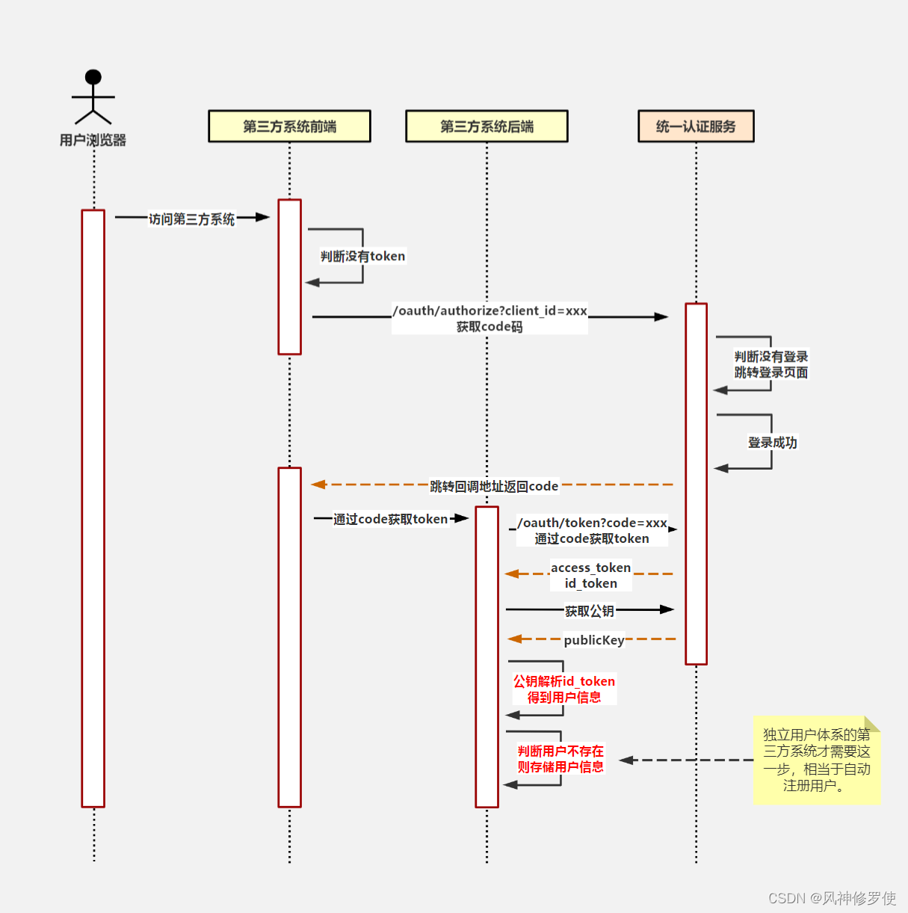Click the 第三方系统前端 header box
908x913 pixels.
click(x=289, y=126)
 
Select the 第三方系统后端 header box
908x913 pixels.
click(x=487, y=126)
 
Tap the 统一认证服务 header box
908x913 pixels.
click(x=696, y=126)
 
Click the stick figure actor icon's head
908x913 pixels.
click(x=93, y=77)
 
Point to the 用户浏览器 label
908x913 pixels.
click(x=93, y=140)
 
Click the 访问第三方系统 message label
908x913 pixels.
click(x=191, y=219)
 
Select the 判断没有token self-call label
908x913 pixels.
click(x=362, y=256)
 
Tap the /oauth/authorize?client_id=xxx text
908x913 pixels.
click(x=489, y=310)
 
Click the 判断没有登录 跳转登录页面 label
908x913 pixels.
click(x=770, y=364)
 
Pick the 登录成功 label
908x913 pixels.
click(x=772, y=442)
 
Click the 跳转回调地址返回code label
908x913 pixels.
click(x=494, y=486)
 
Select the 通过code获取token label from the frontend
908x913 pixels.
click(x=390, y=519)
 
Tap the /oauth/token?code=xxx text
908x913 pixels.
click(x=592, y=523)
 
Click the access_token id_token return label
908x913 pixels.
click(x=590, y=575)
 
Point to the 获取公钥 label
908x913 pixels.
click(x=589, y=611)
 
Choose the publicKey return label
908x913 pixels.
click(x=593, y=640)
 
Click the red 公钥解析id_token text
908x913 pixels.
click(x=563, y=681)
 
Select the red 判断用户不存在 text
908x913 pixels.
click(x=560, y=751)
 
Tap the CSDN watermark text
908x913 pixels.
click(x=831, y=898)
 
